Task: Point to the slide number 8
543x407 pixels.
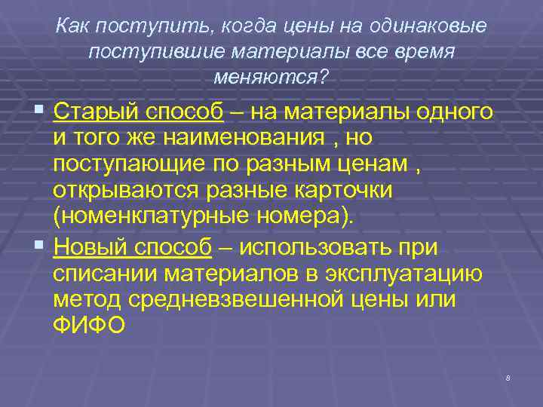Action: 508,378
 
